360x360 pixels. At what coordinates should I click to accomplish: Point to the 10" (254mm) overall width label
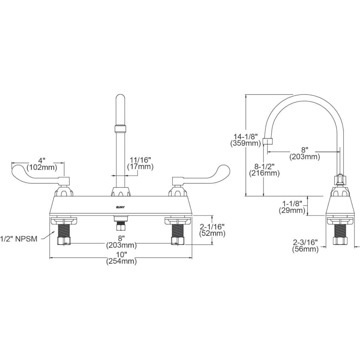pos(121,258)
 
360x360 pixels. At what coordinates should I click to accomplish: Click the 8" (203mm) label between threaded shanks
pos(121,241)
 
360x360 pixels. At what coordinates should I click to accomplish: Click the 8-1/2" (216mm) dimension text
pos(264,170)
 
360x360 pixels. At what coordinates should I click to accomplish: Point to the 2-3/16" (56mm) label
pos(305,246)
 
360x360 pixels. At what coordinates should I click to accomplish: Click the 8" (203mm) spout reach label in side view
pos(305,153)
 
